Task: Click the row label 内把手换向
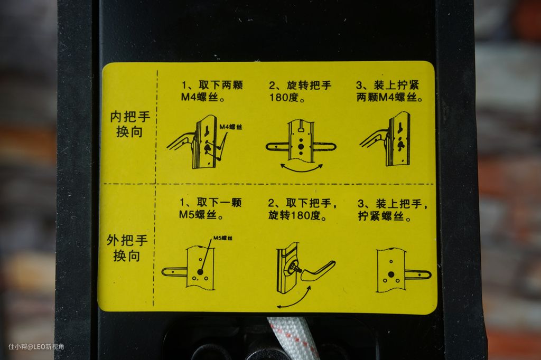130,124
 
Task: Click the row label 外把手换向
127,248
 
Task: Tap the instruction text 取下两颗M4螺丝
212,91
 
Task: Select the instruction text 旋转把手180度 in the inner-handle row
300,91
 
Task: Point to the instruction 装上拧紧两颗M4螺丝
389,91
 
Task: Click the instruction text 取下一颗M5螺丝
210,209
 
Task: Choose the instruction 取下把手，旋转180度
302,209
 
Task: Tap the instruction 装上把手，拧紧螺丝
393,210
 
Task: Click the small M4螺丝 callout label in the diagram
231,127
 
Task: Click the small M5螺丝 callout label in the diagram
223,238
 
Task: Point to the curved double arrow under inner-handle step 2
301,169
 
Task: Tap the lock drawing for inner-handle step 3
386,139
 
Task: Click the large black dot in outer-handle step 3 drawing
391,274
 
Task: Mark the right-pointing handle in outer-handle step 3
418,275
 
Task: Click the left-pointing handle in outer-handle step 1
174,272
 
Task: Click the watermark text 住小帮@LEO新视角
36,347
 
